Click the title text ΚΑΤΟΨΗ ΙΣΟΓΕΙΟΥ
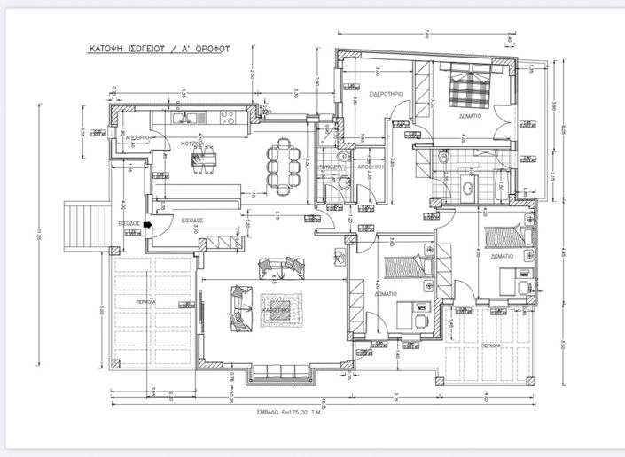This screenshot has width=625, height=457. (123, 50)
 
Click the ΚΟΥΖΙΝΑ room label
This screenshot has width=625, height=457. (192, 142)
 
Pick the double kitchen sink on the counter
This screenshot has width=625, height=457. (187, 116)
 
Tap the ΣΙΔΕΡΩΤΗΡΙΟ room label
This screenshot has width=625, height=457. (387, 94)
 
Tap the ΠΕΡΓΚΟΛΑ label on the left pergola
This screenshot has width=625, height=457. (147, 301)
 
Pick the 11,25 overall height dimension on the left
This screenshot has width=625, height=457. (39, 235)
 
